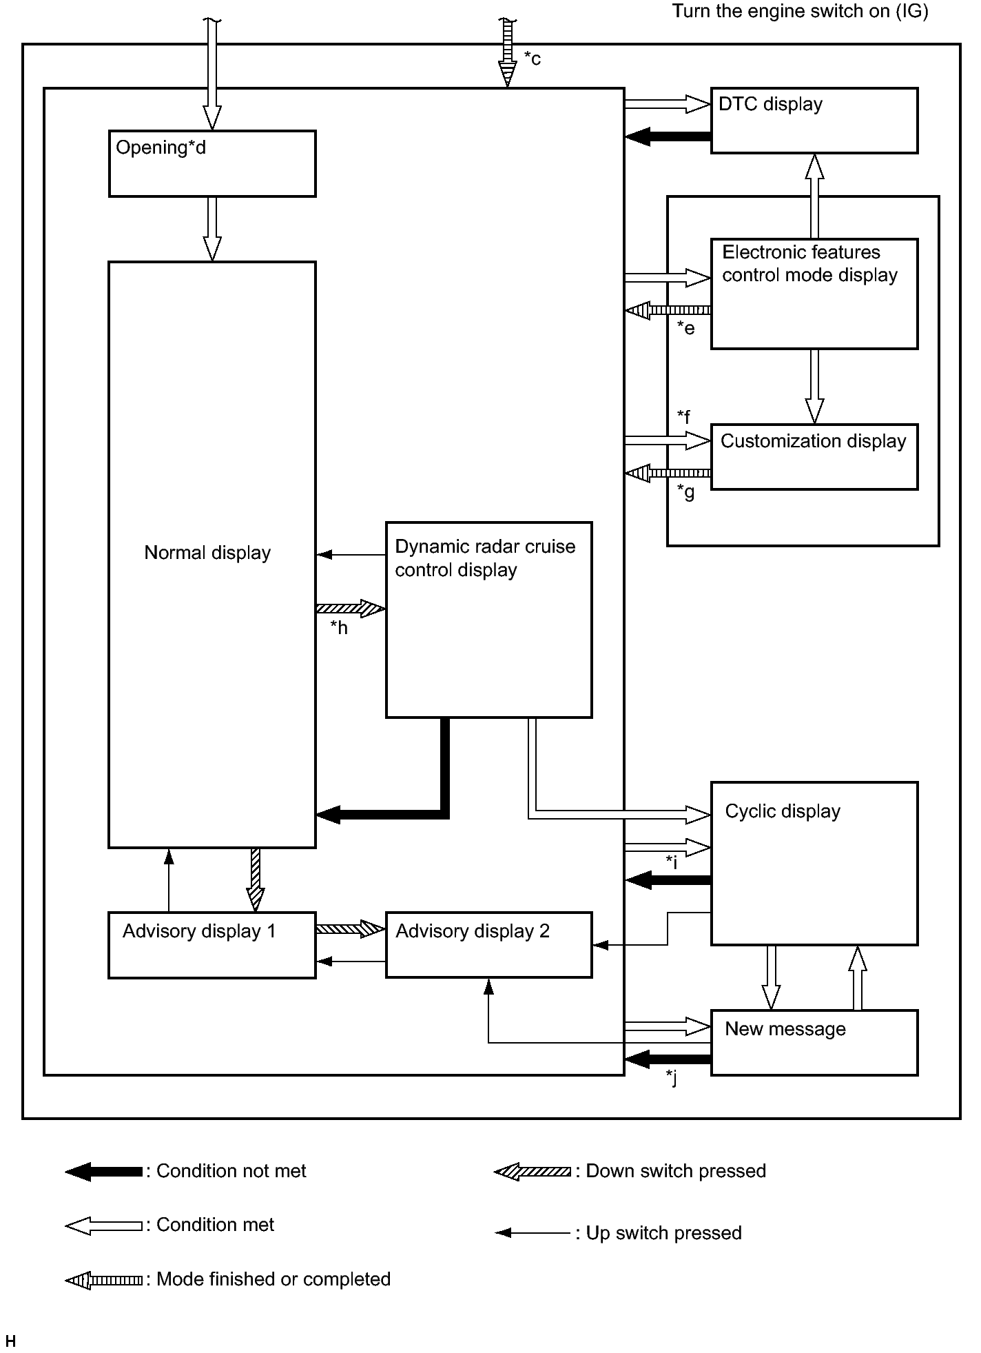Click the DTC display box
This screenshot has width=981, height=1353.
(x=814, y=121)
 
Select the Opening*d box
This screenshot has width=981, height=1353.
(x=212, y=163)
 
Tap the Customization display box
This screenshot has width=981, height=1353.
(x=814, y=456)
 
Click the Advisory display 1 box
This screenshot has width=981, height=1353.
(x=212, y=945)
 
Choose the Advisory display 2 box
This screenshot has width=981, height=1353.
(x=488, y=945)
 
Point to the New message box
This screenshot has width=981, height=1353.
(x=814, y=1043)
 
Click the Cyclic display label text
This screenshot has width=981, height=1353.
(x=783, y=811)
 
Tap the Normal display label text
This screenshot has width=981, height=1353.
(x=207, y=553)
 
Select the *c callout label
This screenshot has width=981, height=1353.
(x=533, y=59)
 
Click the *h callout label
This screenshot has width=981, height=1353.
(x=339, y=627)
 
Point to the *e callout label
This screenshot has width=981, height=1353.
(x=685, y=328)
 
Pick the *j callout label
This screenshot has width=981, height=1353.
(x=672, y=1078)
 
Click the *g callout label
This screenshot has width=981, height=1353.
(x=685, y=492)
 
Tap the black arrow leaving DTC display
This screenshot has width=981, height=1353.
(x=668, y=136)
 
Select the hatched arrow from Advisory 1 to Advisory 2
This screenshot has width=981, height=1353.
(x=351, y=929)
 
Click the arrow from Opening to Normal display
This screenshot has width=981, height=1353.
(x=212, y=229)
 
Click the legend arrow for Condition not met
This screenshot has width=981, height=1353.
(x=103, y=1171)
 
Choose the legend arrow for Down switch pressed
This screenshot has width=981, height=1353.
(x=533, y=1171)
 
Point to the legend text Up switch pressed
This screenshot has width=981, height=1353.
(x=663, y=1232)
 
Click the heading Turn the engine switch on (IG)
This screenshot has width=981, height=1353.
(x=800, y=12)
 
